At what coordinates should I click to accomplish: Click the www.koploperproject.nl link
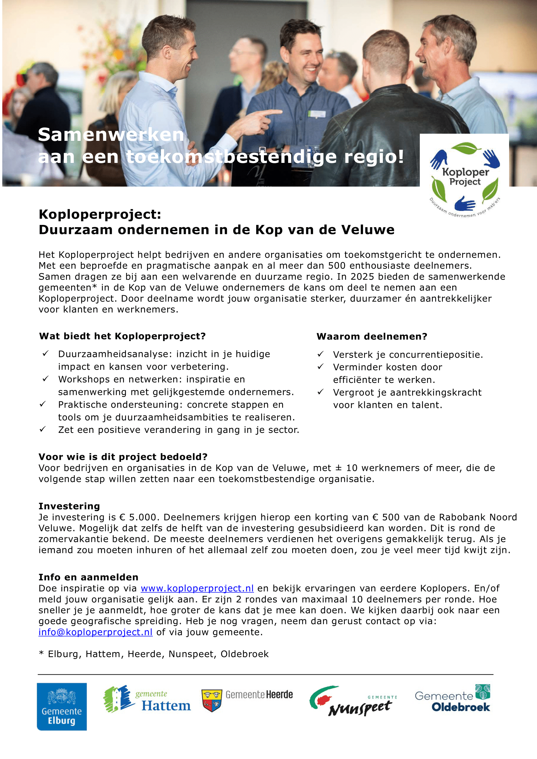point(197,588)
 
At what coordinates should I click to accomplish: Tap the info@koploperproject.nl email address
point(95,632)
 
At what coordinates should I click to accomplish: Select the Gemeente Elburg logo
point(62,706)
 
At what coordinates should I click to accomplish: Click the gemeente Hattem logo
point(147,699)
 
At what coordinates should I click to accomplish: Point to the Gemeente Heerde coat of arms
point(212,700)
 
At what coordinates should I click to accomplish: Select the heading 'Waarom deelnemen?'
point(372,337)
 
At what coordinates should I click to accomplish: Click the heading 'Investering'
point(69,506)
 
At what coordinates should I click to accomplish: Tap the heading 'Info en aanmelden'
point(88,577)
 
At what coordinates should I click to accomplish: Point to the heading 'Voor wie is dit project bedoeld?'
point(123,457)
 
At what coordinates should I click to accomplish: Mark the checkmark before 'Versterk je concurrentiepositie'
point(320,354)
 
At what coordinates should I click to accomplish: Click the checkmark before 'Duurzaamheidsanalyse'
point(46,353)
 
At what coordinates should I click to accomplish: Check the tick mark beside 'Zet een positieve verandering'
point(43,429)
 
